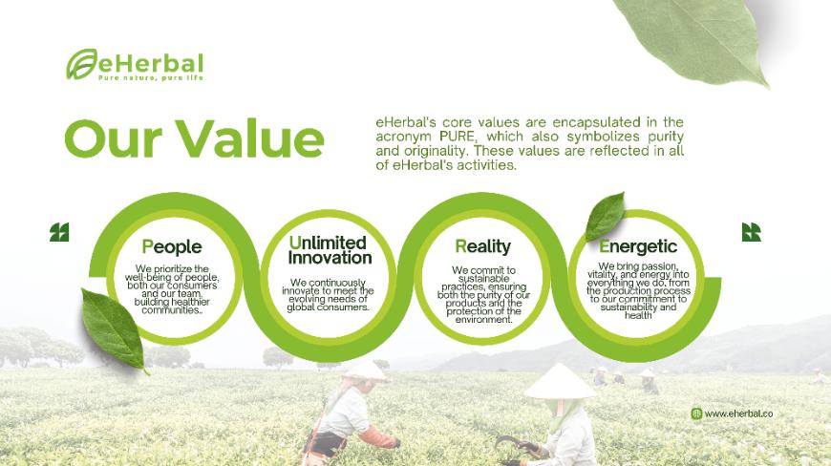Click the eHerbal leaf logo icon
pyautogui.click(x=81, y=64)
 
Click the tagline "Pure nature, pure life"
pyautogui.click(x=151, y=78)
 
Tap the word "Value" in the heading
pyautogui.click(x=249, y=138)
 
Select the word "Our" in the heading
pyautogui.click(x=114, y=138)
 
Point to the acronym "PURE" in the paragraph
pyautogui.click(x=457, y=137)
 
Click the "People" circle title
pyautogui.click(x=172, y=246)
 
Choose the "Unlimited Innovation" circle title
pyautogui.click(x=330, y=250)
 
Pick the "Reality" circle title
pyautogui.click(x=482, y=246)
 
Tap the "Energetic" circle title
pyautogui.click(x=638, y=246)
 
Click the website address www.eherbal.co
pyautogui.click(x=738, y=413)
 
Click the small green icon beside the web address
pyautogui.click(x=696, y=413)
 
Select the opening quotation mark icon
pyautogui.click(x=59, y=232)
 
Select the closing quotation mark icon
pyautogui.click(x=751, y=232)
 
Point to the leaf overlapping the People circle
pyautogui.click(x=113, y=329)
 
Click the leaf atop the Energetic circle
pyautogui.click(x=606, y=216)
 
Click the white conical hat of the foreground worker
pyautogui.click(x=559, y=382)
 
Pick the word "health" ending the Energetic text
pyautogui.click(x=638, y=316)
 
